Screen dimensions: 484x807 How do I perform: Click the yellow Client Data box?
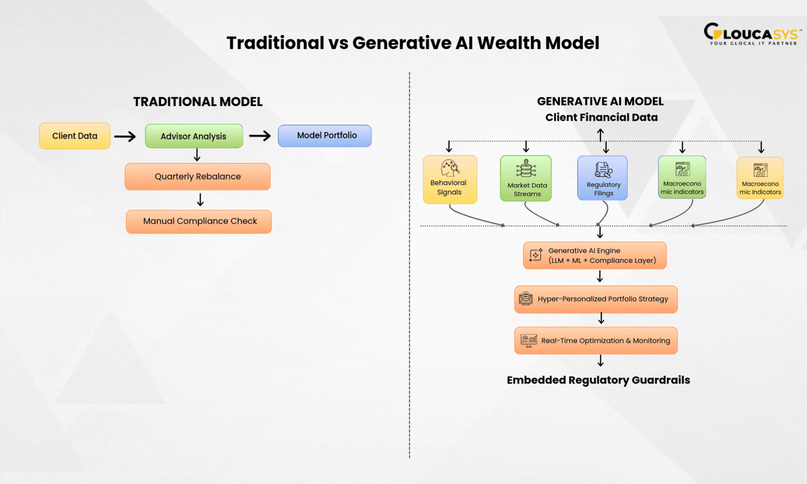(75, 136)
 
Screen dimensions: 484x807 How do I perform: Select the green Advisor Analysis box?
(194, 136)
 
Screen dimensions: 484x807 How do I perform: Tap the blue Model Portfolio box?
(325, 136)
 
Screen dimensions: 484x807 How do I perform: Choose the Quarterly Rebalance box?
(197, 176)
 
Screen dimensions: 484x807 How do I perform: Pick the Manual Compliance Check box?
(199, 222)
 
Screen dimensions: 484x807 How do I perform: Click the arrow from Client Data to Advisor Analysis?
(125, 137)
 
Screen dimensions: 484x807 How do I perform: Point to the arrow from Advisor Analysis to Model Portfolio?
(260, 136)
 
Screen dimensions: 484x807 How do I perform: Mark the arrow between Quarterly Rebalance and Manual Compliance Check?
(200, 200)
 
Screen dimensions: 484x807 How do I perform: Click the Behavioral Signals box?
(450, 180)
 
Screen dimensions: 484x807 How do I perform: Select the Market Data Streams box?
(526, 179)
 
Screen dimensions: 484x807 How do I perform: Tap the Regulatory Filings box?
(603, 178)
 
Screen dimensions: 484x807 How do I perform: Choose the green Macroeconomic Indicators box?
(682, 177)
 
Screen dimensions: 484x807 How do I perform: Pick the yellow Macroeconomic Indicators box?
(760, 178)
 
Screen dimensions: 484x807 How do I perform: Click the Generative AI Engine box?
(594, 255)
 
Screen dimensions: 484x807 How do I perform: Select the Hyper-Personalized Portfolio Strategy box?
(596, 299)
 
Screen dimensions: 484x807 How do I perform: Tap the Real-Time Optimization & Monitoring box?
(596, 340)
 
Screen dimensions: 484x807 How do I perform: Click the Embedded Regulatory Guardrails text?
(598, 380)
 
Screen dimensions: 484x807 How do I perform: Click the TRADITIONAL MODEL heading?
(198, 102)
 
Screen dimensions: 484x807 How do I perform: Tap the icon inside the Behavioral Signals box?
(450, 168)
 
